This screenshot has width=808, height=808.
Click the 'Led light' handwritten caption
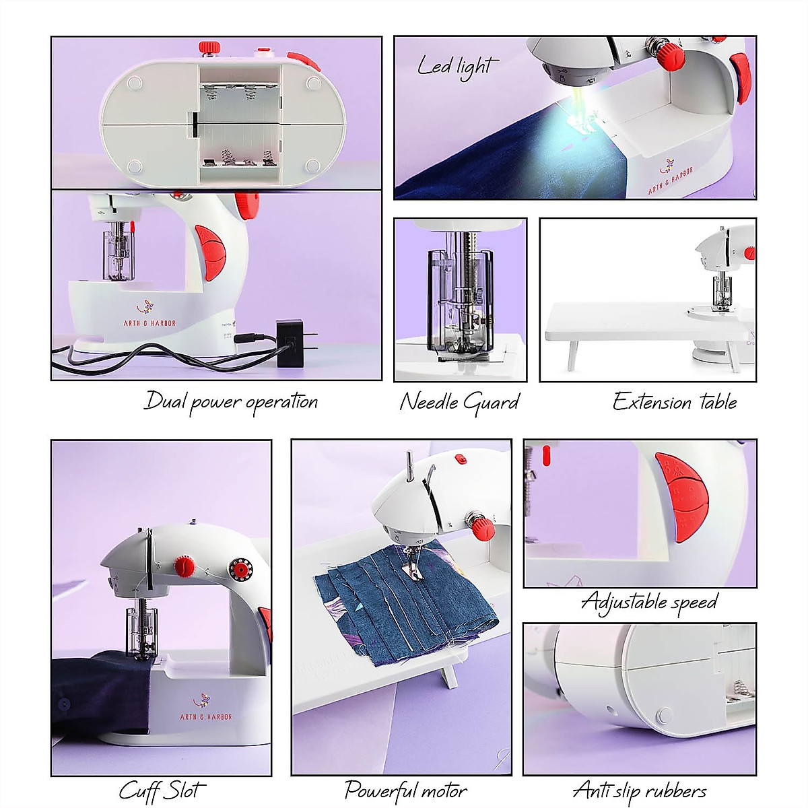(x=458, y=67)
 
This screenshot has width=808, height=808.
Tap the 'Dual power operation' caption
(x=231, y=402)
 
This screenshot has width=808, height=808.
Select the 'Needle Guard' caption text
(x=459, y=402)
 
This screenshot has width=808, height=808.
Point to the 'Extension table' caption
(x=675, y=402)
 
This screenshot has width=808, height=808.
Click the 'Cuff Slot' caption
(x=162, y=790)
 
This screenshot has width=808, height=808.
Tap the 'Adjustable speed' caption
(x=650, y=601)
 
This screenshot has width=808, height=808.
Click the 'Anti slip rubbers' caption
(x=640, y=790)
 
